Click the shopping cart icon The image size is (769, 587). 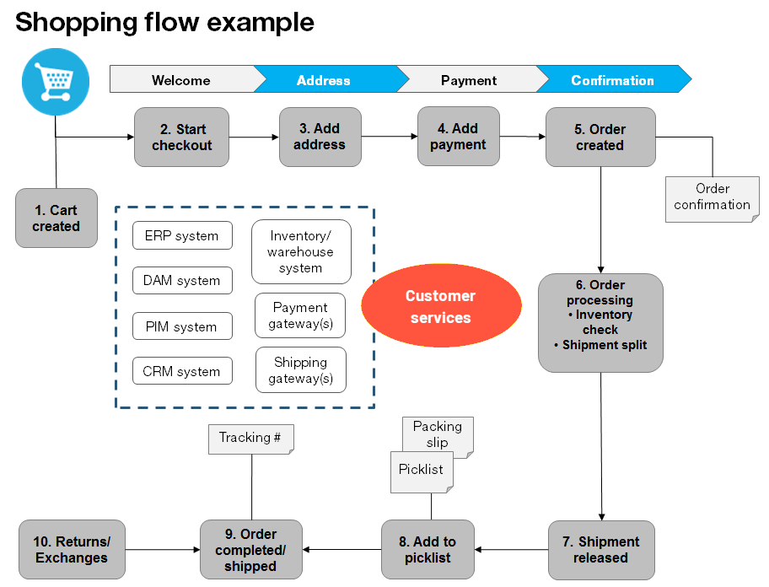click(x=56, y=81)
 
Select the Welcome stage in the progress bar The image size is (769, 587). click(x=181, y=80)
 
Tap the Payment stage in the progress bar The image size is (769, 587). click(x=469, y=80)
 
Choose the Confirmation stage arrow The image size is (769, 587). click(x=612, y=80)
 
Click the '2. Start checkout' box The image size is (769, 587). click(x=181, y=137)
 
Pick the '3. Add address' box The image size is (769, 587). click(x=320, y=137)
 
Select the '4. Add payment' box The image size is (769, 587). click(x=458, y=137)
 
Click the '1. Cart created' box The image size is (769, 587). click(x=56, y=218)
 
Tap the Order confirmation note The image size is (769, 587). click(x=712, y=198)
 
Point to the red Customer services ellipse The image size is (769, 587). click(x=441, y=306)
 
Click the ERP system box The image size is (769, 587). click(x=182, y=235)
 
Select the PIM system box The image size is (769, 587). click(x=182, y=326)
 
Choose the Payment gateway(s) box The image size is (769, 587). click(x=301, y=316)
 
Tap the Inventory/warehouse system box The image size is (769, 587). click(x=301, y=251)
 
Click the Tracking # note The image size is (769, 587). click(x=250, y=438)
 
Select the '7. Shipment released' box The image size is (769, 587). click(x=600, y=550)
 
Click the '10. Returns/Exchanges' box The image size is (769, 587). click(x=72, y=550)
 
